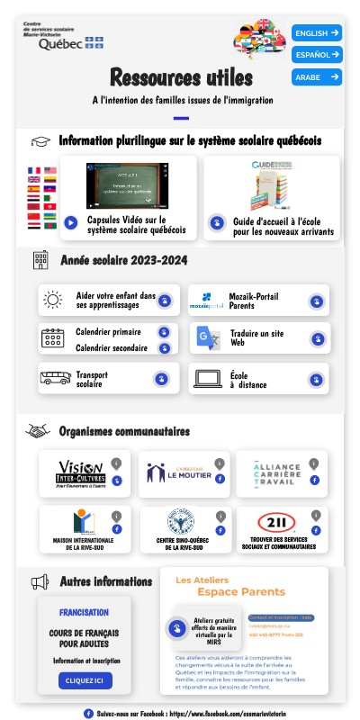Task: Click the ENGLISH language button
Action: pos(316,33)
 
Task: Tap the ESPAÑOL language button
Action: pos(316,55)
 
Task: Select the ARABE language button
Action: pos(316,77)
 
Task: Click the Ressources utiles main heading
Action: pos(181,76)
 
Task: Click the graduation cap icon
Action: pos(40,141)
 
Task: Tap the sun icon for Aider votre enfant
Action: pos(52,300)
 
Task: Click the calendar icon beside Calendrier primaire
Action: pos(52,338)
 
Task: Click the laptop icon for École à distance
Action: pos(207,379)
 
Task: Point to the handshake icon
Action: pos(38,431)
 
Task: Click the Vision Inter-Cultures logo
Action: pos(80,472)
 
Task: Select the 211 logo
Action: pos(276,523)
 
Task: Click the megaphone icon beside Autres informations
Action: pos(40,582)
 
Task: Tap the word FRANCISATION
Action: pos(85,613)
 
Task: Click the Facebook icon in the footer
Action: pos(88,713)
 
